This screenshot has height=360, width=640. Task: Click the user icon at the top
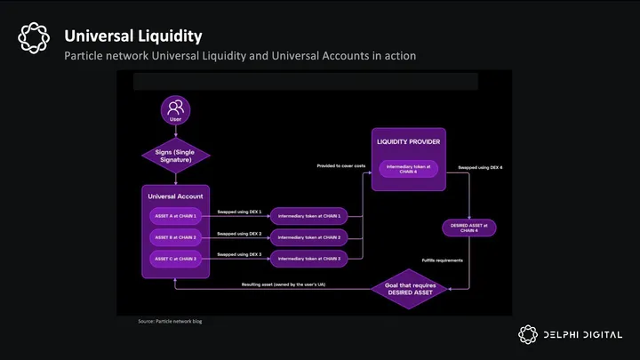pos(175,110)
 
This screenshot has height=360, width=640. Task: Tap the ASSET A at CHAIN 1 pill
pos(175,216)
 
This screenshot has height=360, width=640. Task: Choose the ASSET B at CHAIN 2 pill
pos(175,237)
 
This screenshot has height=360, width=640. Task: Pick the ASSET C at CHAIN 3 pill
pos(175,258)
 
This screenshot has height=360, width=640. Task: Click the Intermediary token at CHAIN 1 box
pos(308,216)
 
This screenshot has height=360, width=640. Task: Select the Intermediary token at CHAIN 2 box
pos(308,237)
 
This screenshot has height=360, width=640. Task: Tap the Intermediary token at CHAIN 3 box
pos(308,258)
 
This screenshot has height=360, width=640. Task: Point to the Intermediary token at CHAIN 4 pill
pos(409,168)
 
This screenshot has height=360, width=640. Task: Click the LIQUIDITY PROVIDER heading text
pos(409,142)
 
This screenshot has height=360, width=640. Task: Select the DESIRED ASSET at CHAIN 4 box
pos(469,228)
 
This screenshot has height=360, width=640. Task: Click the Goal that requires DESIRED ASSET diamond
pos(410,287)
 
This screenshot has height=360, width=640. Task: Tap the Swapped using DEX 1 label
pos(240,212)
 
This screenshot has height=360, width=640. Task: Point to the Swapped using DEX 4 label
pos(481,166)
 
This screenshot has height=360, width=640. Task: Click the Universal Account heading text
pos(175,196)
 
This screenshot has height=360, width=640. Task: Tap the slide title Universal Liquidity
pos(132,36)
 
